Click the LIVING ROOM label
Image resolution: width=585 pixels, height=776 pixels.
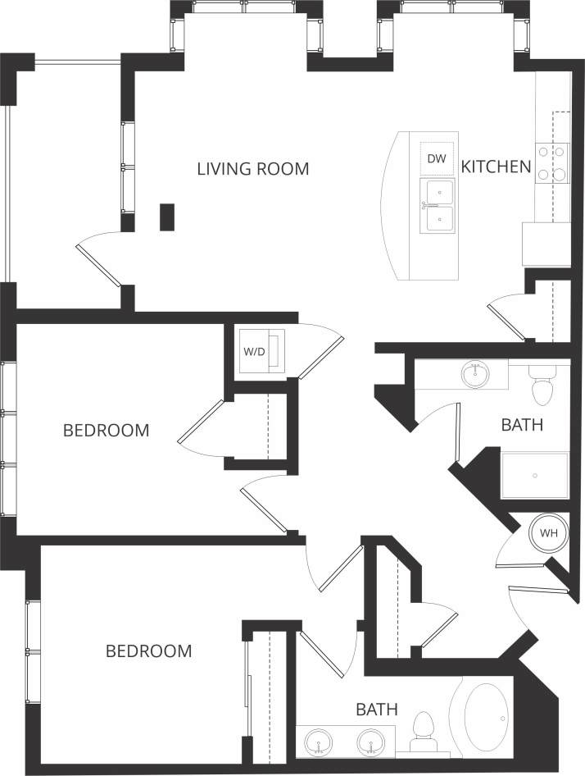tap(253, 169)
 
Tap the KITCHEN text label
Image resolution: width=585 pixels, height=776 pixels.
tap(496, 167)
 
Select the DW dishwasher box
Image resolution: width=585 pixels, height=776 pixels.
tap(437, 159)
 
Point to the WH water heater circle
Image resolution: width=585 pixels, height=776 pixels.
tap(548, 532)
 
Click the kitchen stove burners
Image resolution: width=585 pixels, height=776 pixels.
tap(551, 162)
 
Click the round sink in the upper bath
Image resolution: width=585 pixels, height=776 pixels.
tap(474, 374)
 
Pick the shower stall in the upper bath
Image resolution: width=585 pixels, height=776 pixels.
tap(533, 475)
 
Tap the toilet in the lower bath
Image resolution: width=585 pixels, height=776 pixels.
tap(424, 731)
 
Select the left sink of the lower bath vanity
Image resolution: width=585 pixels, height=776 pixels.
tap(319, 743)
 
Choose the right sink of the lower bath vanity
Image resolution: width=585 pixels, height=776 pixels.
tap(370, 743)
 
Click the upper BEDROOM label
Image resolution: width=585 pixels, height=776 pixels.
tap(107, 430)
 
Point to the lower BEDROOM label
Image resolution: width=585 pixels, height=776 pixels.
tap(148, 651)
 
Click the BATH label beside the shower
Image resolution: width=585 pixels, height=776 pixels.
tap(522, 425)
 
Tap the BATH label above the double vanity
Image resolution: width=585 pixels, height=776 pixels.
tap(377, 710)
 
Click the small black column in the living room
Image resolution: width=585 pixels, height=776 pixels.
tap(167, 217)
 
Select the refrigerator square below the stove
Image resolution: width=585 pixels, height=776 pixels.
tap(546, 244)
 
